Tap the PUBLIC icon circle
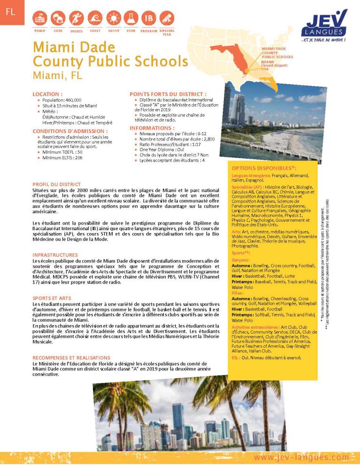pyautogui.click(x=40, y=18)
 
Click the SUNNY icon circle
pyautogui.click(x=113, y=18)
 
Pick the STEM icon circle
pyautogui.click(x=131, y=18)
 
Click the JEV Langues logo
pyautogui.click(x=324, y=25)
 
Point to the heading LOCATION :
pyautogui.click(x=47, y=94)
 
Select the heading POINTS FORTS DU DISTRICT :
pyautogui.click(x=168, y=94)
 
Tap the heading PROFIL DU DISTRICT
pyautogui.click(x=56, y=184)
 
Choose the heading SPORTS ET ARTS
pyautogui.click(x=52, y=298)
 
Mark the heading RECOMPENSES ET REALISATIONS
pyautogui.click(x=71, y=357)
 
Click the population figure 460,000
pyautogui.click(x=73, y=100)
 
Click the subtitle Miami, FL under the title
pyautogui.click(x=58, y=75)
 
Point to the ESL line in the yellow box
pyautogui.click(x=266, y=357)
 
